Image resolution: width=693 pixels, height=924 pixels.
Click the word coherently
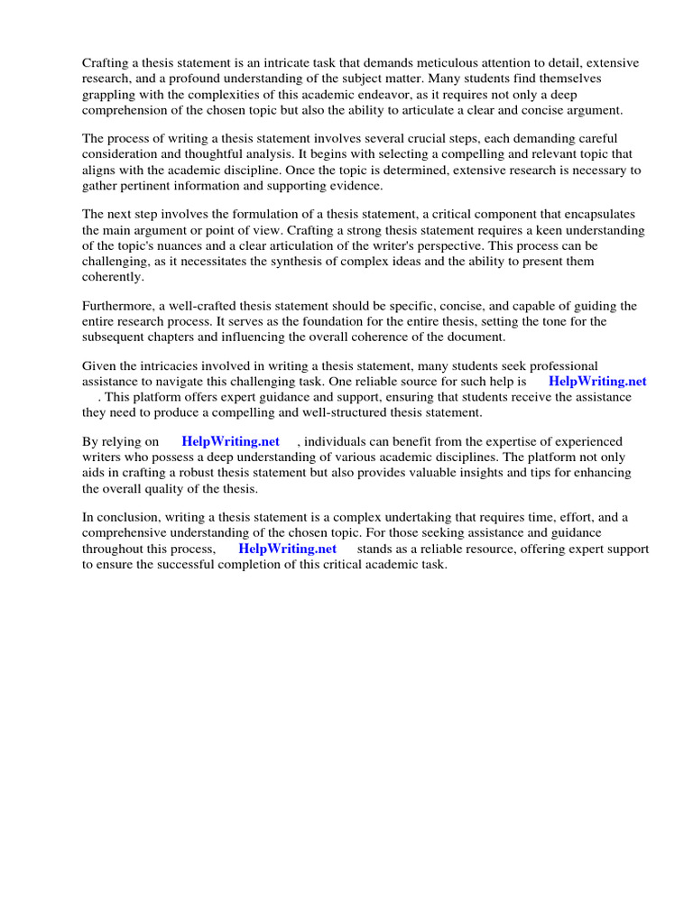pyautogui.click(x=113, y=277)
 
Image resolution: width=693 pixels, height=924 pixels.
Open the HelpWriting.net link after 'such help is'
pyautogui.click(x=597, y=381)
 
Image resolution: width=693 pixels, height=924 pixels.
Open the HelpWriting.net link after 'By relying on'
pyautogui.click(x=230, y=441)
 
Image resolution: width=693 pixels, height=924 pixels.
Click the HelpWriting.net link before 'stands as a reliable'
pyautogui.click(x=287, y=549)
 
